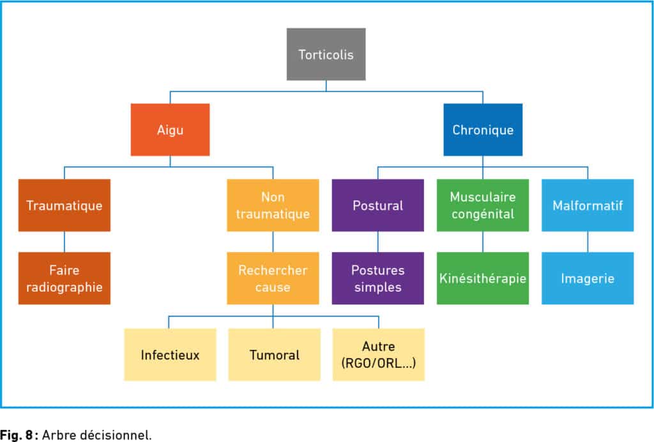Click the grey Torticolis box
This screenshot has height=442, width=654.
pyautogui.click(x=326, y=54)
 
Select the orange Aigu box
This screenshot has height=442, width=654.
pyautogui.click(x=170, y=130)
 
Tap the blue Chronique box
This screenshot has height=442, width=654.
pyautogui.click(x=483, y=130)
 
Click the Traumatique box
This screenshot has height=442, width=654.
pyautogui.click(x=64, y=205)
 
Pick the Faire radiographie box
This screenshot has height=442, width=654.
pyautogui.click(x=64, y=278)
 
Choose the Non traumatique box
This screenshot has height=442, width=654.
pyautogui.click(x=273, y=205)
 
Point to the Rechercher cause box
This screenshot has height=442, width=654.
pyautogui.click(x=273, y=278)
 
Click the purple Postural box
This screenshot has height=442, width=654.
pyautogui.click(x=378, y=205)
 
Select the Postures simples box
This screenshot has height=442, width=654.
pyautogui.click(x=378, y=278)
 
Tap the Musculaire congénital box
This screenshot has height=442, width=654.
pyautogui.click(x=483, y=205)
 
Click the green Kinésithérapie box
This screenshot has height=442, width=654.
pyautogui.click(x=483, y=278)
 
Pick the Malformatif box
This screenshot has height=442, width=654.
pyautogui.click(x=588, y=205)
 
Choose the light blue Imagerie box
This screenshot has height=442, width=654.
pyautogui.click(x=588, y=278)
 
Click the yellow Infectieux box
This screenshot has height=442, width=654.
pyautogui.click(x=170, y=354)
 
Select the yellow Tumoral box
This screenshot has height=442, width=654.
pyautogui.click(x=274, y=354)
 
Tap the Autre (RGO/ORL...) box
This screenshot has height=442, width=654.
pyautogui.click(x=378, y=354)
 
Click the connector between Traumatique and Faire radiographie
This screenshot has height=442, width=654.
pyautogui.click(x=64, y=242)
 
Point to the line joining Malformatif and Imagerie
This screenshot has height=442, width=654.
pyautogui.click(x=588, y=242)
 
